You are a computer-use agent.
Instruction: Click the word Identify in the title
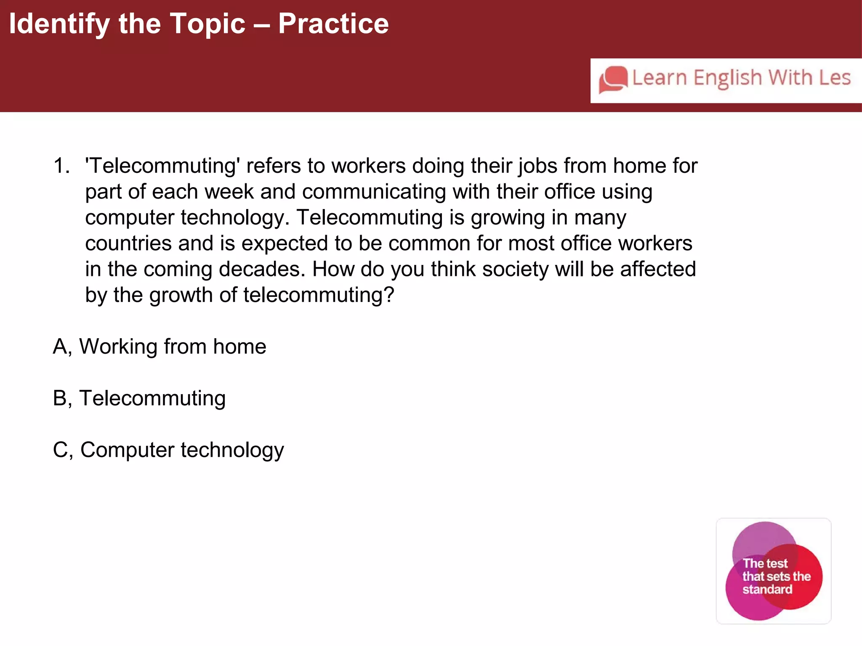(59, 24)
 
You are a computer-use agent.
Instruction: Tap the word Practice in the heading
(333, 24)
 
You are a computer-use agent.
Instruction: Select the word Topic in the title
(207, 24)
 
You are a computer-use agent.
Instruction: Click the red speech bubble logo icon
(613, 79)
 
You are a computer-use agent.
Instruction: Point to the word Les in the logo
(835, 78)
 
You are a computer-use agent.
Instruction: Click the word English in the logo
(728, 79)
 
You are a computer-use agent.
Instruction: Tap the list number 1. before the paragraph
(61, 166)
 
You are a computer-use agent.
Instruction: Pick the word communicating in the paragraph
(374, 192)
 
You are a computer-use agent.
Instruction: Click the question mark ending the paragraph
(389, 295)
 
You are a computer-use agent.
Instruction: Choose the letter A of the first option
(60, 347)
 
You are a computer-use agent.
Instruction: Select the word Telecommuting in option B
(152, 398)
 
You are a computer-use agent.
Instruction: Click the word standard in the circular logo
(767, 590)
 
